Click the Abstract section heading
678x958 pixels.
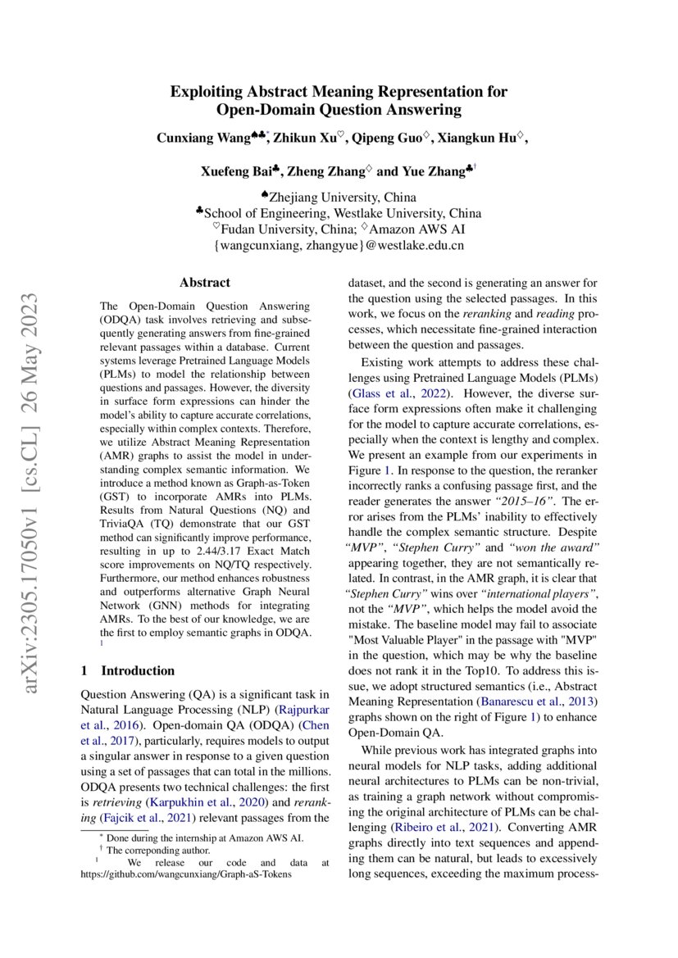[205, 283]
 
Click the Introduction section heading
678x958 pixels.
[138, 670]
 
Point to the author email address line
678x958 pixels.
[339, 244]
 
